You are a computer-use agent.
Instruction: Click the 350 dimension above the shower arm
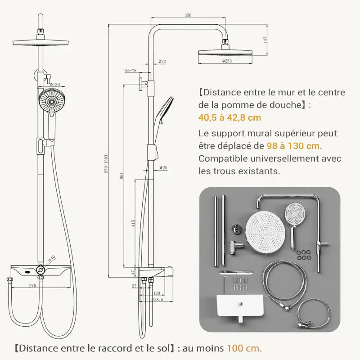point(188,15)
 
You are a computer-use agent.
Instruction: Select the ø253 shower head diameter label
point(227,61)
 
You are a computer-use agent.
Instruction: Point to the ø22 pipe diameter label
point(162,61)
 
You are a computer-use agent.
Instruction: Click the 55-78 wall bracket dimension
point(131,71)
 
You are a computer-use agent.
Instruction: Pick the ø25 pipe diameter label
point(163,168)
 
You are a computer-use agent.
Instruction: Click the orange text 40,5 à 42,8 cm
point(229,117)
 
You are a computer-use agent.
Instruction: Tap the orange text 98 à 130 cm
point(294,146)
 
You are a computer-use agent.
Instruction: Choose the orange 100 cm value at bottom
point(243,348)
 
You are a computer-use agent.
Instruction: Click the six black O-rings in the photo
point(306,255)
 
